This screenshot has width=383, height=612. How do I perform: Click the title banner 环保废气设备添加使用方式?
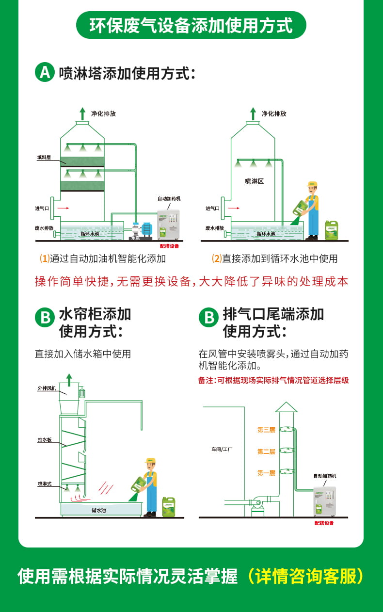[191, 25]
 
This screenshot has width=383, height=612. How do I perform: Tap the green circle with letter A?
[45, 72]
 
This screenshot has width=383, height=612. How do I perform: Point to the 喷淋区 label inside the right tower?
[254, 181]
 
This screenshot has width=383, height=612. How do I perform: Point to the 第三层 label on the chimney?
[266, 430]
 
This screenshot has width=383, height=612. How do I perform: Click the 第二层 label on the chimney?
[266, 451]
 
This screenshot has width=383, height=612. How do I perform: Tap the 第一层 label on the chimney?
[266, 473]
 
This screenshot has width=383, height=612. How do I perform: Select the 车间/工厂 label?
[222, 449]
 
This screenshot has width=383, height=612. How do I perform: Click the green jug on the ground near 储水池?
[169, 506]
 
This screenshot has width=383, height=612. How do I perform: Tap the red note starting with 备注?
[273, 381]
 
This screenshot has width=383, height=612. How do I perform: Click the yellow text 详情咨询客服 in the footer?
[306, 576]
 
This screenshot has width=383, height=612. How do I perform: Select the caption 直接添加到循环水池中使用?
[274, 258]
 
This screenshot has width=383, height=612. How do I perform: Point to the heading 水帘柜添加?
[95, 314]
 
